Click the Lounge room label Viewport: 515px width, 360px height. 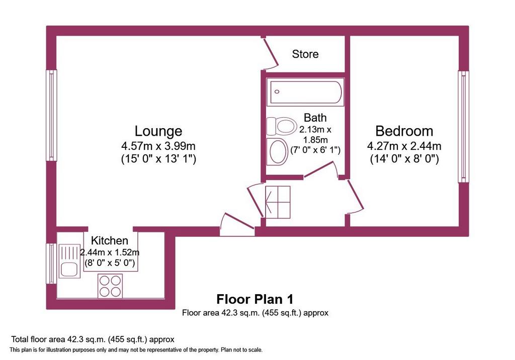[158, 131]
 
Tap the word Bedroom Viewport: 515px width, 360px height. [404, 131]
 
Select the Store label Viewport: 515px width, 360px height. [305, 54]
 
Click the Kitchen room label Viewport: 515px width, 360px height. [109, 240]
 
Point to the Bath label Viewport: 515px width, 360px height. [315, 117]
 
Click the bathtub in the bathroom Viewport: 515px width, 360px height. [305, 92]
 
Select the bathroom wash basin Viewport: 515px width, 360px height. [277, 151]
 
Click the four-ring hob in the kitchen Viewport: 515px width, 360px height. [110, 286]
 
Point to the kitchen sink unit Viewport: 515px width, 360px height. [69, 261]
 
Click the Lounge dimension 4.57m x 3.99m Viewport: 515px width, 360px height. [158, 145]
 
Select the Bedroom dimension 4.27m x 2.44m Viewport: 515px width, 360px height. [404, 145]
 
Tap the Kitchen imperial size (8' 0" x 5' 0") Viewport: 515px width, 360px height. [110, 263]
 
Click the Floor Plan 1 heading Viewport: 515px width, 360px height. [255, 299]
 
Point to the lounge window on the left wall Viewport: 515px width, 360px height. [51, 116]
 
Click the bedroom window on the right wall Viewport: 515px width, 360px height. [463, 127]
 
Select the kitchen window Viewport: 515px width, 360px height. [51, 263]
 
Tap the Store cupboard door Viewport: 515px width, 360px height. [271, 53]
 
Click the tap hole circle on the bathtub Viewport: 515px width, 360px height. [277, 92]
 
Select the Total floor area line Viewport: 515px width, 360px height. [93, 339]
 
